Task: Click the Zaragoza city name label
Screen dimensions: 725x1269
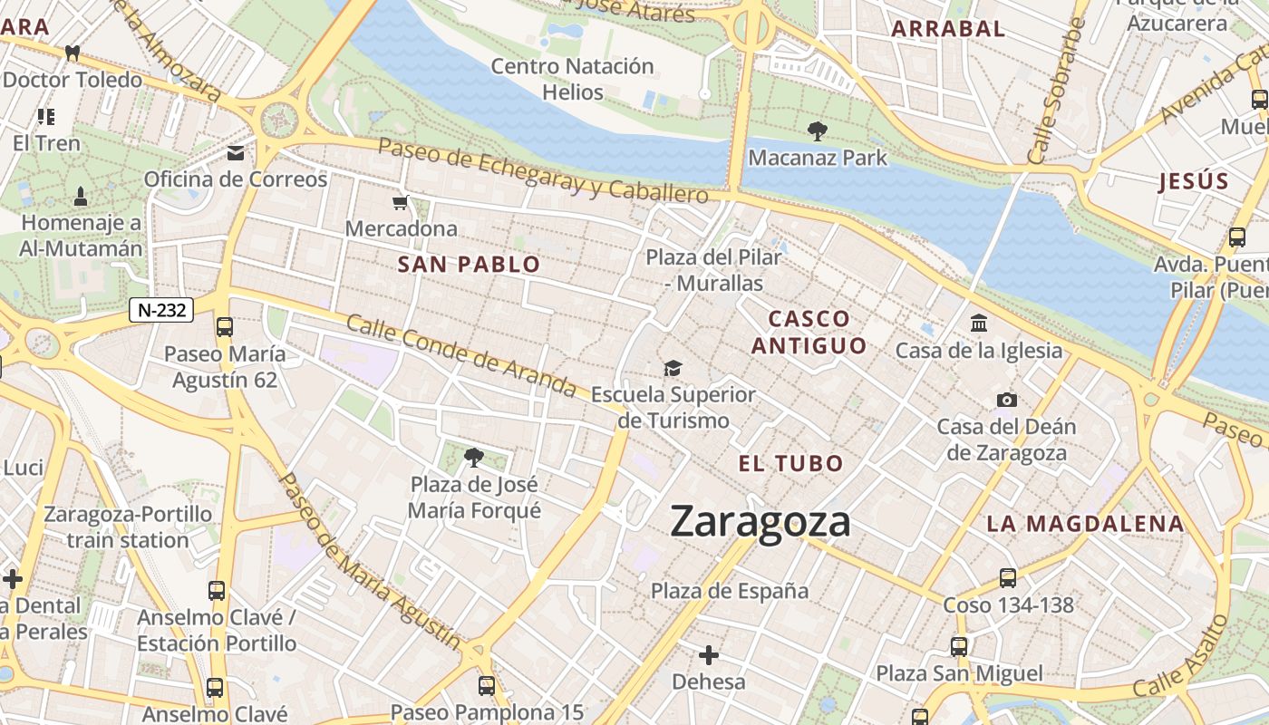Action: (760, 523)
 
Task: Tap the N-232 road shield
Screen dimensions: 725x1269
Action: (162, 310)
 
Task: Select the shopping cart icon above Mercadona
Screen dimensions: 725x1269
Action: (400, 202)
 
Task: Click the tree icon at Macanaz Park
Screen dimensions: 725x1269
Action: (817, 131)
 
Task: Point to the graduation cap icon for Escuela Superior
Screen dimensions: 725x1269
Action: (673, 368)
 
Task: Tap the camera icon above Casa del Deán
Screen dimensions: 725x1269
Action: (1006, 400)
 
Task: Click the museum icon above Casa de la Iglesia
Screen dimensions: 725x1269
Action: (979, 323)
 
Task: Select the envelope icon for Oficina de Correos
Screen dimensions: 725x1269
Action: (236, 153)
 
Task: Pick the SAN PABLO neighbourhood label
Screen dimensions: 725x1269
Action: (469, 265)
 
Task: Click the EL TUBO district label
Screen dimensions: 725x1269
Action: (790, 464)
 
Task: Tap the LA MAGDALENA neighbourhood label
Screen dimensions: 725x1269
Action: (1085, 524)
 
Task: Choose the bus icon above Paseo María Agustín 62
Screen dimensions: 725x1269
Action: (224, 327)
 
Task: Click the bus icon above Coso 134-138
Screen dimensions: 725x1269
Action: (1008, 578)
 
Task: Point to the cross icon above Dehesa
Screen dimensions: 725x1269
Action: (709, 654)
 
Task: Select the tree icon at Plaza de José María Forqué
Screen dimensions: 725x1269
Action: (473, 458)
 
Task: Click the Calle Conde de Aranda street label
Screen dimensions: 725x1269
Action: (461, 356)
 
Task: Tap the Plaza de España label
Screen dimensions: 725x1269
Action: (730, 591)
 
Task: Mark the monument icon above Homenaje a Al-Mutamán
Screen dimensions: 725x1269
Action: (81, 197)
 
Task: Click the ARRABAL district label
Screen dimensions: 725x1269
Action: (948, 29)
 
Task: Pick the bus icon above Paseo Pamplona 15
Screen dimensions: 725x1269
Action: (487, 685)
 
